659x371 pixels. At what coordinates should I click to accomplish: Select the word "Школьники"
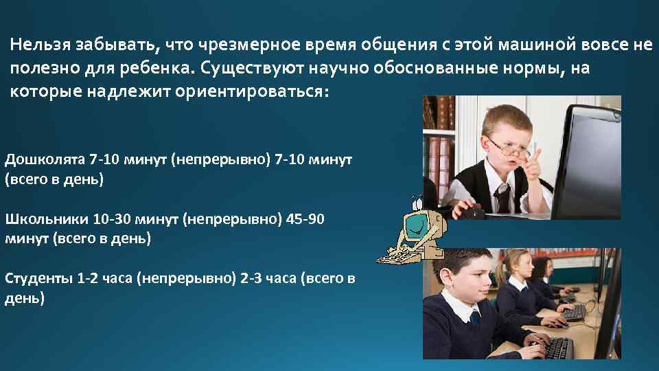point(46,220)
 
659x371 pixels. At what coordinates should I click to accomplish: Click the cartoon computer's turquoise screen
point(415,224)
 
